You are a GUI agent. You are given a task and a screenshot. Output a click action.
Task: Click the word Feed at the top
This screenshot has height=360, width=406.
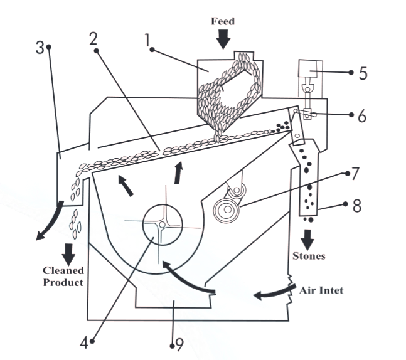click(223, 21)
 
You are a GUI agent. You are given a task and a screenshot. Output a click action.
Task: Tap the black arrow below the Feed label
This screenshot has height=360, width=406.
click(223, 39)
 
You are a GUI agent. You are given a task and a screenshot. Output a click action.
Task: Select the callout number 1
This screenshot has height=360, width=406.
click(149, 41)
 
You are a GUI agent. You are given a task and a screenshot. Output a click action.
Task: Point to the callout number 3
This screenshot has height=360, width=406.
click(40, 48)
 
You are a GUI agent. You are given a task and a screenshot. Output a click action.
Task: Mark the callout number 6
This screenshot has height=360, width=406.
click(363, 116)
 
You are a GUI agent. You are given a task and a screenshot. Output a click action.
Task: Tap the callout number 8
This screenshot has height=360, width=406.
click(356, 206)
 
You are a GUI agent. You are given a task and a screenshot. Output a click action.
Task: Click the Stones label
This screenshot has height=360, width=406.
click(308, 256)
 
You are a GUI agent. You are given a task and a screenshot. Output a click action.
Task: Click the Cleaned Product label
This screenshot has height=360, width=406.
click(63, 277)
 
